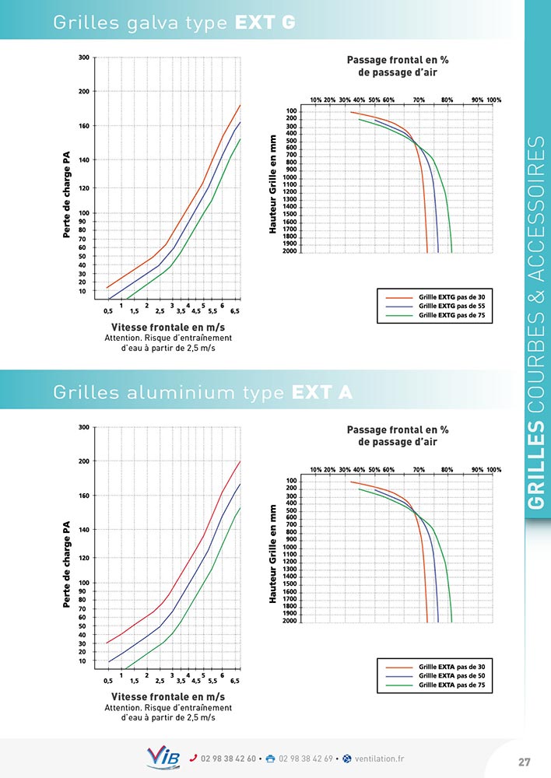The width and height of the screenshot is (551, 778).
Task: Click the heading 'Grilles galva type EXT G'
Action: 174,23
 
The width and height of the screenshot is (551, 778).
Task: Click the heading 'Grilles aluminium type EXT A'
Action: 202,393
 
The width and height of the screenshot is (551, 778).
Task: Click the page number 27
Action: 524,761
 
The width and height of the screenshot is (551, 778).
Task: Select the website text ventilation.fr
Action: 381,759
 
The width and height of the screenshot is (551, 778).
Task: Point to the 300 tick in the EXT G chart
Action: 83,58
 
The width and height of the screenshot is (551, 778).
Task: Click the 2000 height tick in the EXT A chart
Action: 290,621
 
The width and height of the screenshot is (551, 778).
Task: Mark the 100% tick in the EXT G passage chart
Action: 494,100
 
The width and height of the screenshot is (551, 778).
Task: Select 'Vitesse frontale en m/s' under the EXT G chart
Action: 168,326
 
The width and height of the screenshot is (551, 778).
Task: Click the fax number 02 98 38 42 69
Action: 305,759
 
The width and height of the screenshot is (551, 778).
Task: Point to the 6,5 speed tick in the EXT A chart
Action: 235,681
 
